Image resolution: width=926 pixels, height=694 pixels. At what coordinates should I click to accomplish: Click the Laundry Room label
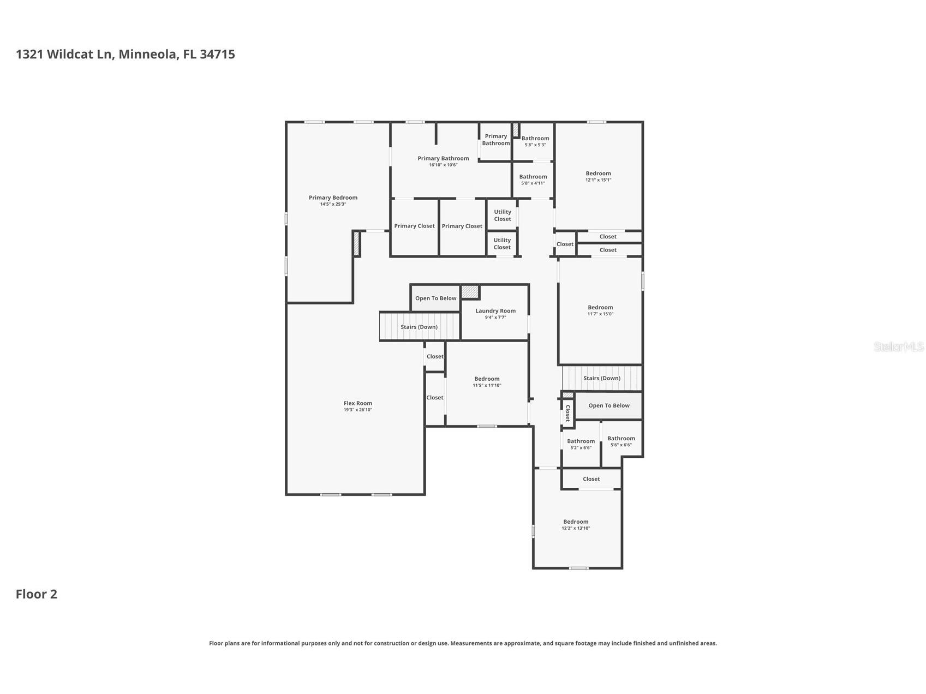tap(495, 311)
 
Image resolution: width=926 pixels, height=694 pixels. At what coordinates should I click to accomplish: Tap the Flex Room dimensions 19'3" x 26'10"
tap(358, 410)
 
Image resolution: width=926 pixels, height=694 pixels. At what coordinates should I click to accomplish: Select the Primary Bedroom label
tap(333, 198)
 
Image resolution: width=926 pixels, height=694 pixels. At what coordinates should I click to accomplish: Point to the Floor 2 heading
tap(37, 594)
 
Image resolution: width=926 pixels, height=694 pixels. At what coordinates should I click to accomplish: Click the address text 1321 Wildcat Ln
tap(64, 54)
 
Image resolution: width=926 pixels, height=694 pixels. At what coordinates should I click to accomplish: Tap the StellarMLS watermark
tap(899, 346)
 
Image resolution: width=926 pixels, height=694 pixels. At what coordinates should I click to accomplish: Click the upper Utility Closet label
tap(503, 216)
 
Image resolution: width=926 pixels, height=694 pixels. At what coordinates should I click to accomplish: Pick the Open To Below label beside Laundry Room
tap(435, 298)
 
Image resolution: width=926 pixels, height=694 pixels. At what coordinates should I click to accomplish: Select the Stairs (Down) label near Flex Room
tap(419, 327)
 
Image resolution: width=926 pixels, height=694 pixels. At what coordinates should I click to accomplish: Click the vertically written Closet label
tap(567, 413)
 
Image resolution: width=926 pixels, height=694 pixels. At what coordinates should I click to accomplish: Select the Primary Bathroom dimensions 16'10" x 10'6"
tap(443, 165)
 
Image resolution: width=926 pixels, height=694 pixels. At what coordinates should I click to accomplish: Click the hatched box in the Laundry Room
tap(470, 292)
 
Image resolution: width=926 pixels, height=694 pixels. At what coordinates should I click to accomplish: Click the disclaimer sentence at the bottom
tap(463, 643)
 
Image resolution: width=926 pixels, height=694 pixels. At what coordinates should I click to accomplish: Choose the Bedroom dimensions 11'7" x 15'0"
tap(600, 314)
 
